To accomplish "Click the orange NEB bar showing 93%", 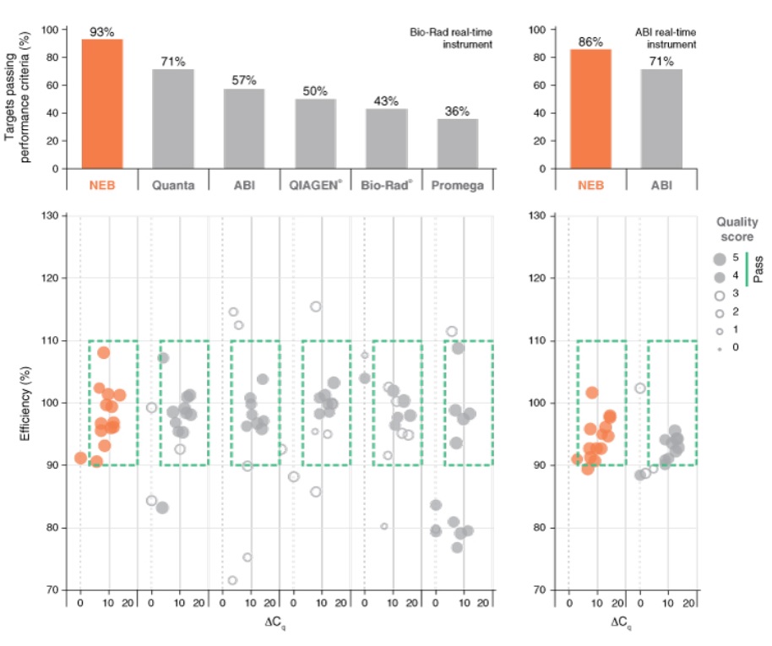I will [x=102, y=104].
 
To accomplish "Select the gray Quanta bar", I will [x=173, y=118].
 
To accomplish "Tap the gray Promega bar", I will [x=457, y=143].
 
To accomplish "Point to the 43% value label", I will [x=386, y=100].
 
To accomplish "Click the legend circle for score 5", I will [x=719, y=258].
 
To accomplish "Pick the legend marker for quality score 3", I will [x=719, y=293].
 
